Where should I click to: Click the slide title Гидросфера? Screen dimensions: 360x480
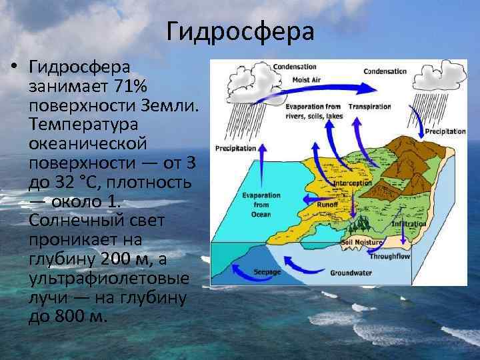click(x=239, y=31)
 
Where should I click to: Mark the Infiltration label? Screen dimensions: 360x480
click(x=409, y=224)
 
